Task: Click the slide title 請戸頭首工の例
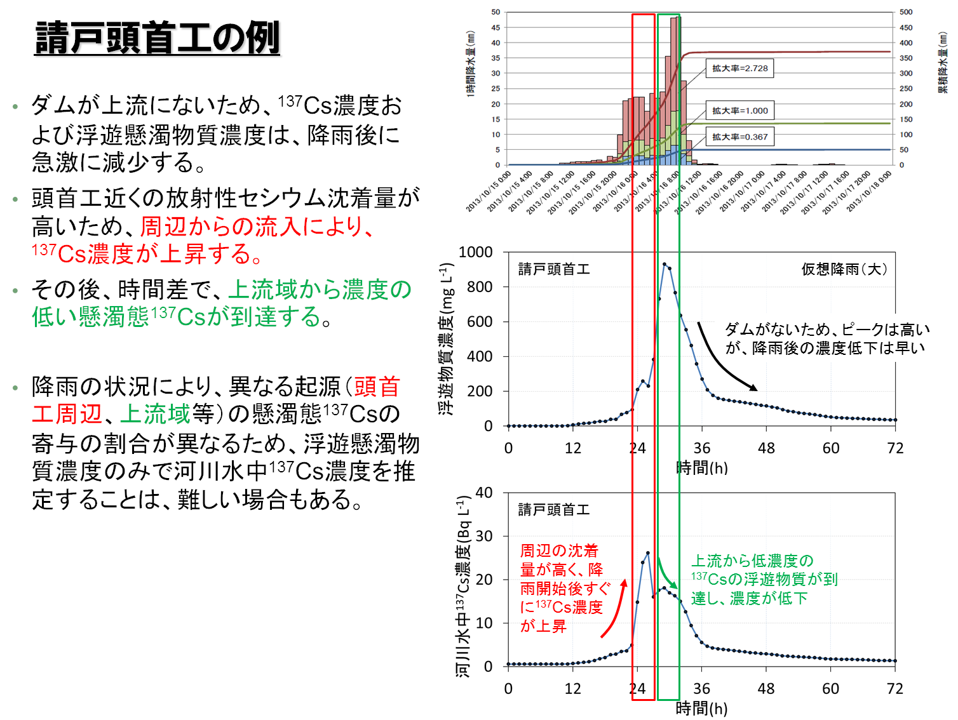(157, 38)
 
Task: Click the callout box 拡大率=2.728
(739, 69)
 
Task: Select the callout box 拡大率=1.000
(739, 110)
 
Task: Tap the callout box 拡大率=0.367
(739, 137)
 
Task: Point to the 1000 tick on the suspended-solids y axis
(475, 253)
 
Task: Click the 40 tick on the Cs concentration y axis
(484, 493)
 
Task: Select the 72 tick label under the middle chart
(895, 448)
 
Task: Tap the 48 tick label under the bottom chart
(766, 689)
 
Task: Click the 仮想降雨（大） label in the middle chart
(844, 269)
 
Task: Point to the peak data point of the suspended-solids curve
(665, 264)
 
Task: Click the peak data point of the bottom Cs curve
(648, 553)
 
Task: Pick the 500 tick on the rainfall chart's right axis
(906, 12)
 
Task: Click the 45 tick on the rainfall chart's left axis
(496, 28)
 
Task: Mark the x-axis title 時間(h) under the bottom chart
(701, 709)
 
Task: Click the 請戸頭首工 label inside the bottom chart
(554, 510)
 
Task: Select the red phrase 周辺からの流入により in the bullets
(257, 226)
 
